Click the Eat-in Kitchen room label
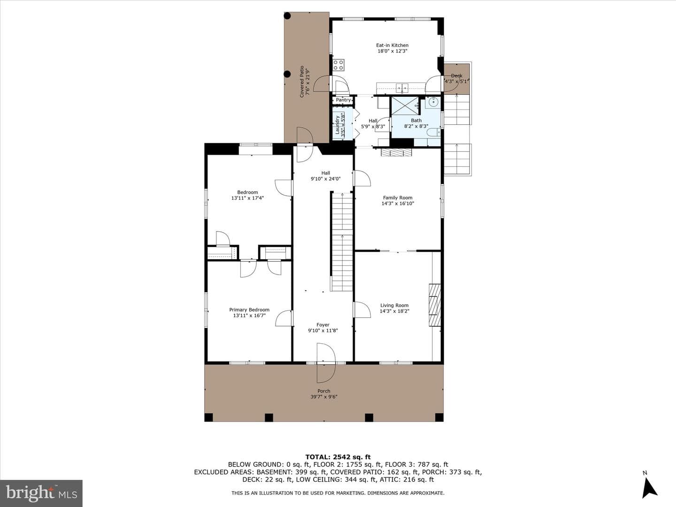392,45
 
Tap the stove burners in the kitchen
338,65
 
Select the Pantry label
343,100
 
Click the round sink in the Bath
434,101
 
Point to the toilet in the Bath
433,132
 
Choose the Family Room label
398,198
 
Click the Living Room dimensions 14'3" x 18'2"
394,311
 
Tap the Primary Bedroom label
249,310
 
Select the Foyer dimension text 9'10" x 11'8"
323,330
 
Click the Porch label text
323,391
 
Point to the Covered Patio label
302,82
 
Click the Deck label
456,76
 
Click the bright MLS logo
41,493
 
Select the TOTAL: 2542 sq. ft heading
338,457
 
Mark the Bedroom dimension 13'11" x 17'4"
247,198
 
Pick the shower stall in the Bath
405,106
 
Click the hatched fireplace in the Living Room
435,305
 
